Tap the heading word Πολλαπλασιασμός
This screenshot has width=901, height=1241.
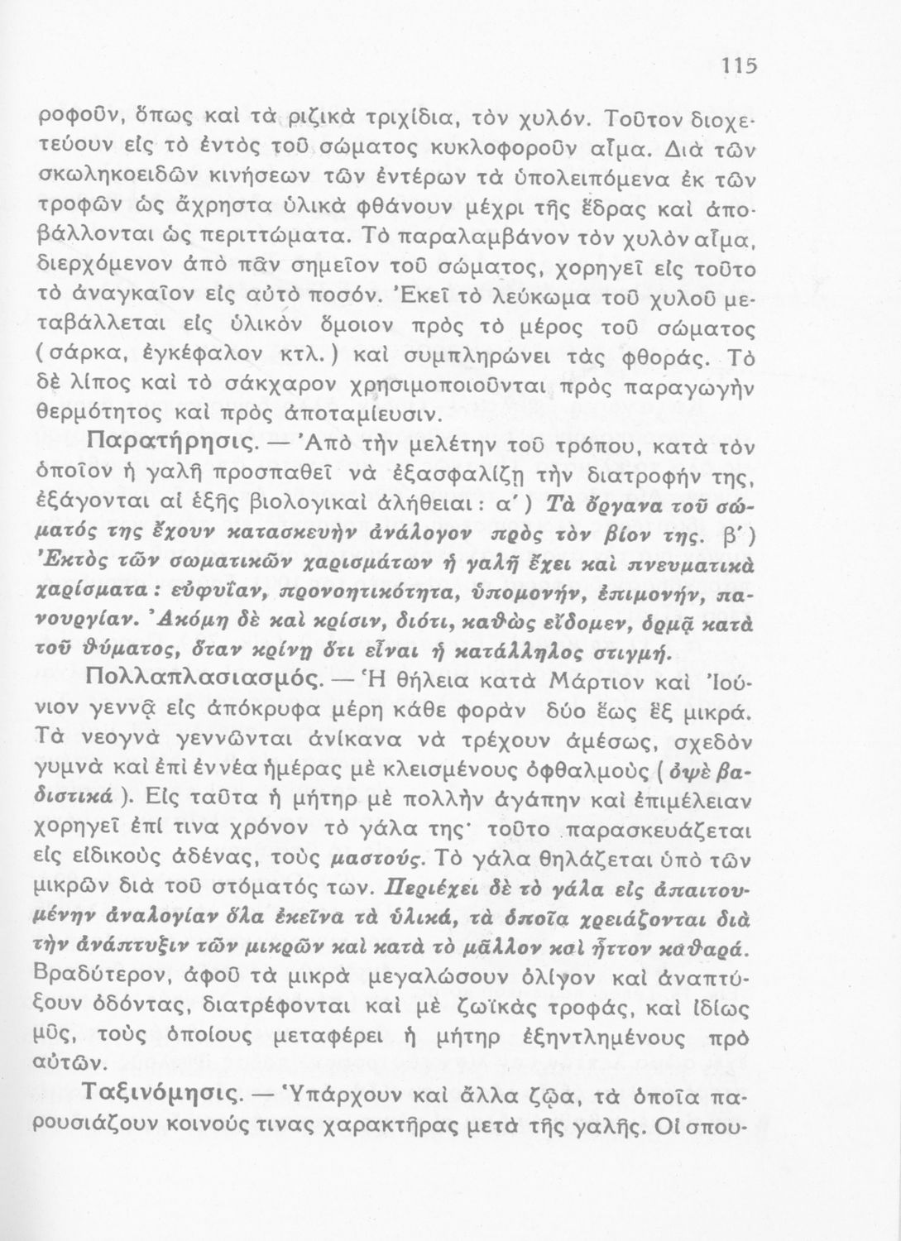click(204, 679)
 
